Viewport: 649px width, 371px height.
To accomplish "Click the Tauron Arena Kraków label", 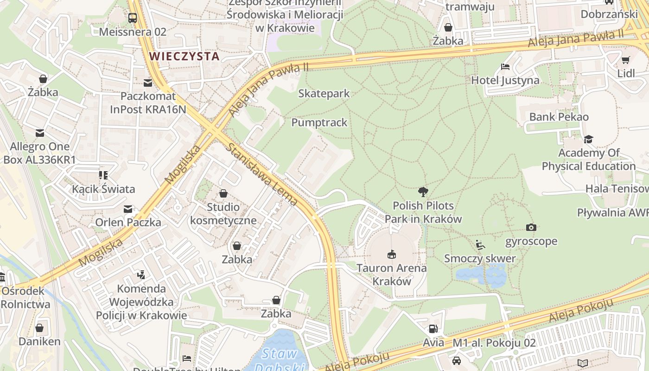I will (x=392, y=275).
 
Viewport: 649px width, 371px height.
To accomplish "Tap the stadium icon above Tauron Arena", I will (x=392, y=254).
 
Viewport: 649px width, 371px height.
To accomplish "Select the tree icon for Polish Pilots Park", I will (x=423, y=192).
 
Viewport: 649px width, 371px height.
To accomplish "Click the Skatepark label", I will (x=324, y=93).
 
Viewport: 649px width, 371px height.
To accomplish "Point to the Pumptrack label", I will (x=319, y=122).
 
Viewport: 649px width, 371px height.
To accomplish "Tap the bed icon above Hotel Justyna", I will (x=505, y=67).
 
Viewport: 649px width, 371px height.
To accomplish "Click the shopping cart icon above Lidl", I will (x=626, y=60).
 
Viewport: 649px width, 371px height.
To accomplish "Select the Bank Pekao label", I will (x=559, y=117).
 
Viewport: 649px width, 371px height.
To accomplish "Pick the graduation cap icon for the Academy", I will (x=588, y=139).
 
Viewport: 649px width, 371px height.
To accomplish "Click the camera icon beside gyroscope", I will (x=531, y=227).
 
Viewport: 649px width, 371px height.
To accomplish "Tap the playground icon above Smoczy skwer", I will (x=480, y=244).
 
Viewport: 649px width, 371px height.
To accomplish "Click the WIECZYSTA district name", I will (x=184, y=57).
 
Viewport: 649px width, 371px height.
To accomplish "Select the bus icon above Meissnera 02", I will (x=133, y=18).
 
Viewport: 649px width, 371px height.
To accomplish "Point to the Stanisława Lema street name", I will (x=262, y=174).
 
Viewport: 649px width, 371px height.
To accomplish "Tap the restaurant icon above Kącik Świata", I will (x=103, y=175).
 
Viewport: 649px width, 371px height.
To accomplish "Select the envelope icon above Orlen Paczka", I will (x=128, y=209).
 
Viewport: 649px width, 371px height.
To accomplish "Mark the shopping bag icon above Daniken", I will (x=39, y=328).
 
